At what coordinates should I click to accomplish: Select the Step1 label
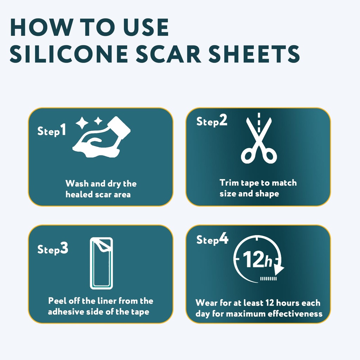coord(52,131)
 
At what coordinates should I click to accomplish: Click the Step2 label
coord(212,121)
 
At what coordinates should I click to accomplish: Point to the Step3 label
coord(53,249)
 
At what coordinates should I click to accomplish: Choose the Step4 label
coord(212,240)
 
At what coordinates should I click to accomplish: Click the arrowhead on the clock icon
coord(279,270)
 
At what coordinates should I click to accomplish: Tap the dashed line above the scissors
coord(259,121)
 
